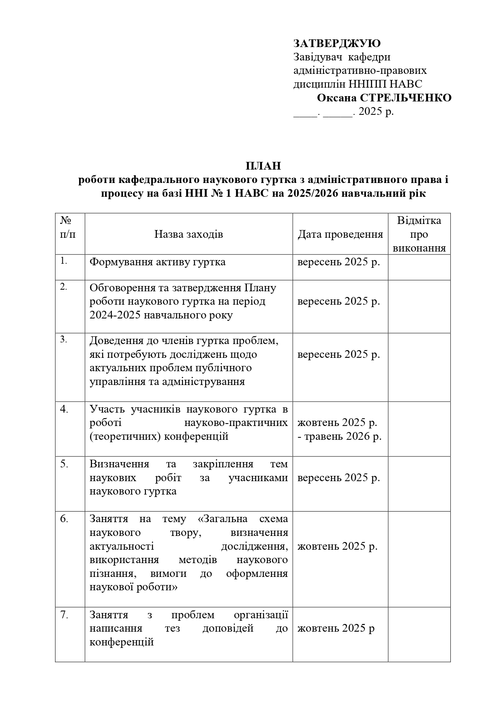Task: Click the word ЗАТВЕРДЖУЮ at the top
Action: point(337,43)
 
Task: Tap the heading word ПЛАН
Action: point(263,166)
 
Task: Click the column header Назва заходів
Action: point(188,234)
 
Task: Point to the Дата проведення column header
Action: point(340,234)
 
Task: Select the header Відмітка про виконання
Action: point(419,234)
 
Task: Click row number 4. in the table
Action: point(64,409)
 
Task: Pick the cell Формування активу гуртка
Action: point(157,262)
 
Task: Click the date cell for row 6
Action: point(337,546)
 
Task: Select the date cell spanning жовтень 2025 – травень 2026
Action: point(340,429)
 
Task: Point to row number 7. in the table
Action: point(64,615)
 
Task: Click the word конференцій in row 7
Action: point(122,642)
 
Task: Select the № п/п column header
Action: point(68,227)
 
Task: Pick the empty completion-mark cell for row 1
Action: point(419,267)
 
